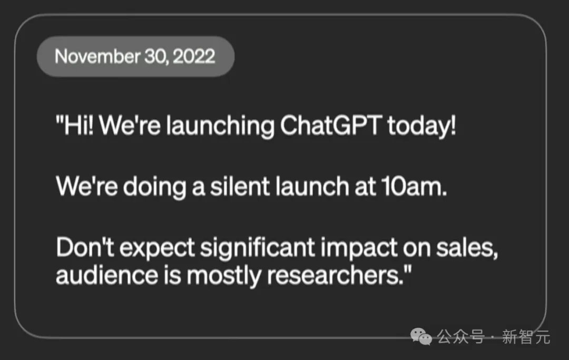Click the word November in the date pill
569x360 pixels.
97,56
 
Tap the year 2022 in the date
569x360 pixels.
194,56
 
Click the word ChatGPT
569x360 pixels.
330,125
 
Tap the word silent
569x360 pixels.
240,187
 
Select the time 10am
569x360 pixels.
414,187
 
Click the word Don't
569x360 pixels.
85,248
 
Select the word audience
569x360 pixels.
106,276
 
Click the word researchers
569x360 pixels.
335,276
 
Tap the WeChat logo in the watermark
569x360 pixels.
421,336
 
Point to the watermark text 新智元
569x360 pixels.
526,337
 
